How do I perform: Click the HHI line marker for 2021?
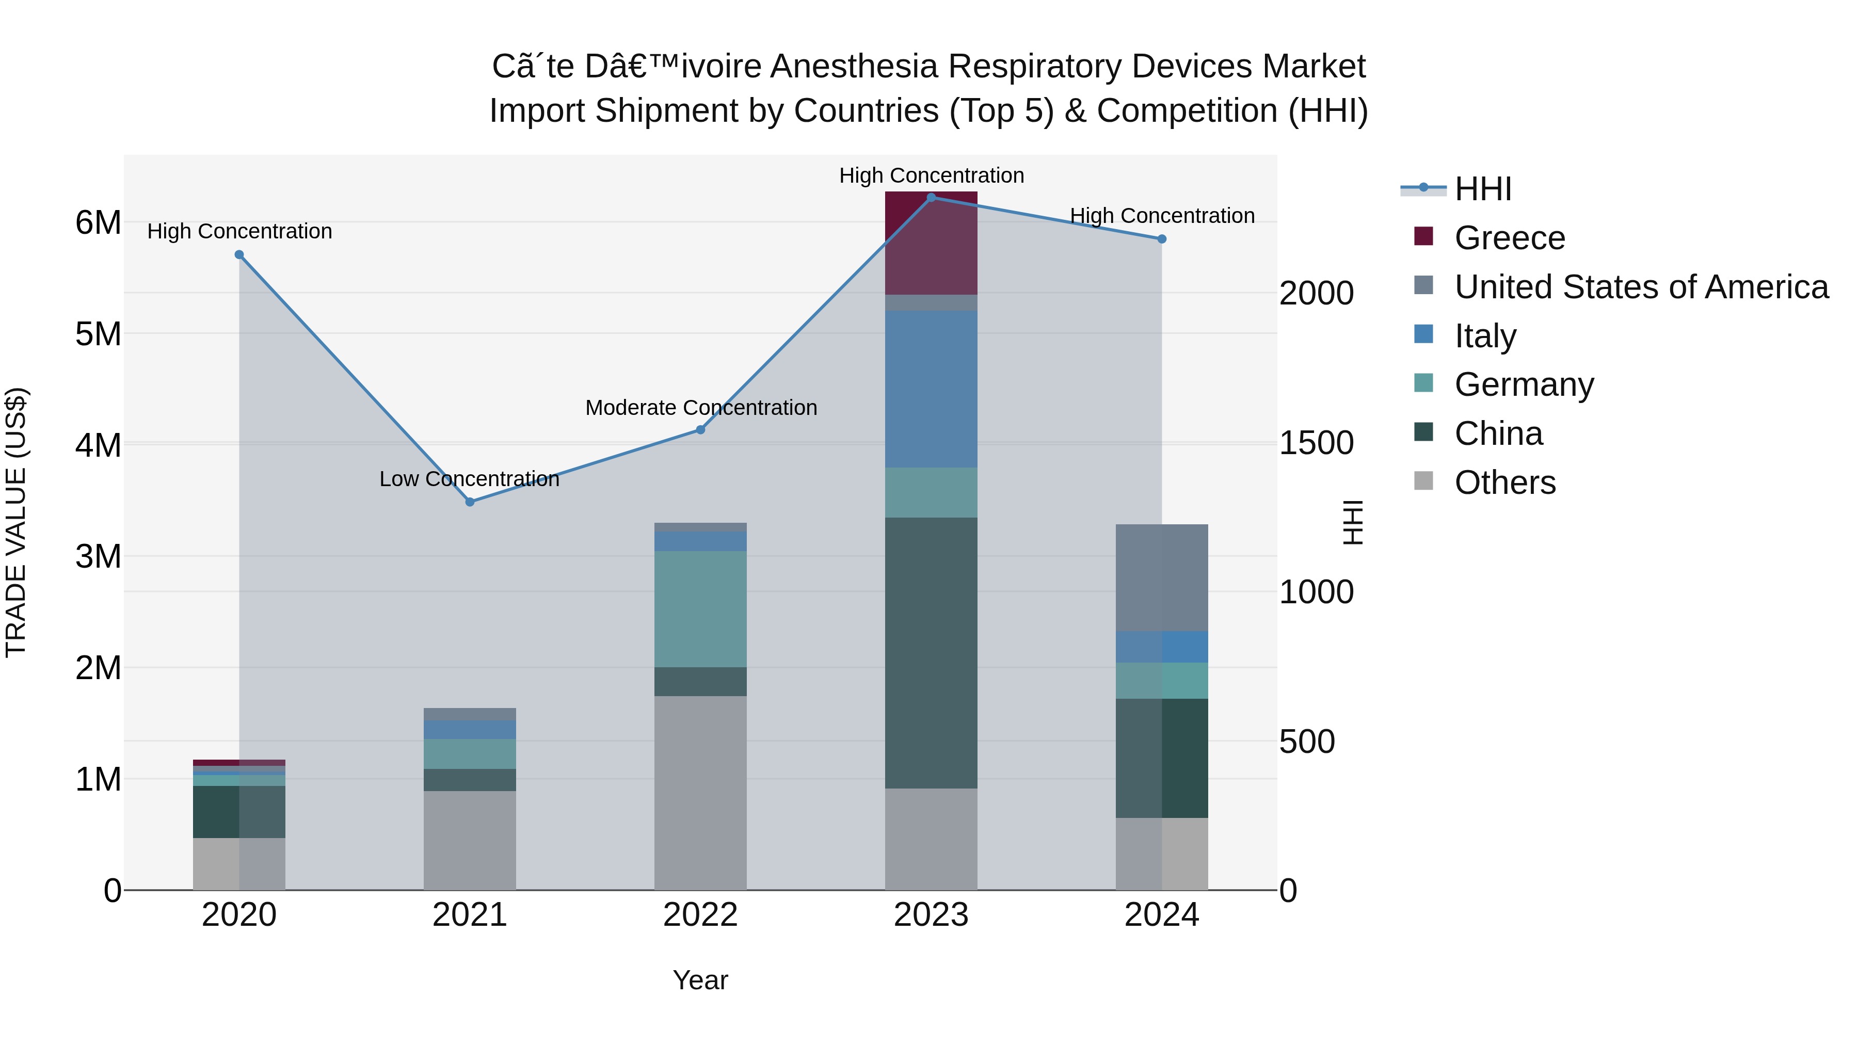(x=470, y=502)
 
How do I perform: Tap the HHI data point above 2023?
(x=931, y=198)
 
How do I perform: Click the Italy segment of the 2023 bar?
(x=931, y=390)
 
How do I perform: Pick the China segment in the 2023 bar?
(x=931, y=653)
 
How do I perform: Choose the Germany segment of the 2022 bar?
(x=700, y=609)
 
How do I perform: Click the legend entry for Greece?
(x=1509, y=238)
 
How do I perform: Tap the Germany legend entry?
(x=1524, y=384)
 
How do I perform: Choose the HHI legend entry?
(x=1482, y=189)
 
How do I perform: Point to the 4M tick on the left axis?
(x=98, y=445)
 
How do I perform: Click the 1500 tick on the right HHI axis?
(x=1316, y=443)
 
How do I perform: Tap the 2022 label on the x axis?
(x=700, y=915)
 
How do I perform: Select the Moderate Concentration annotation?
(x=700, y=408)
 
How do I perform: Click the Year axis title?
(x=700, y=980)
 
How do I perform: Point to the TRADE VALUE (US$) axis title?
(x=16, y=522)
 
